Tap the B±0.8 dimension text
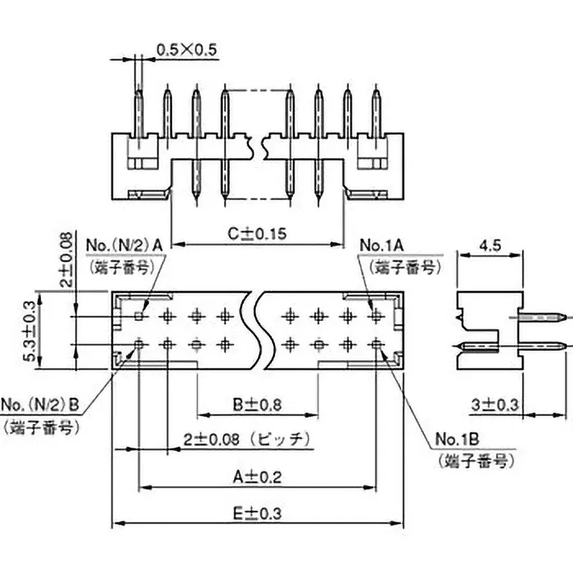[256, 404]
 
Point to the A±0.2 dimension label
[257, 476]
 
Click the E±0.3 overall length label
[257, 513]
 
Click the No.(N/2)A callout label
[125, 246]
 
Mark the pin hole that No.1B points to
[377, 345]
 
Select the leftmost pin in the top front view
[138, 115]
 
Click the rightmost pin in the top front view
[377, 115]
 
